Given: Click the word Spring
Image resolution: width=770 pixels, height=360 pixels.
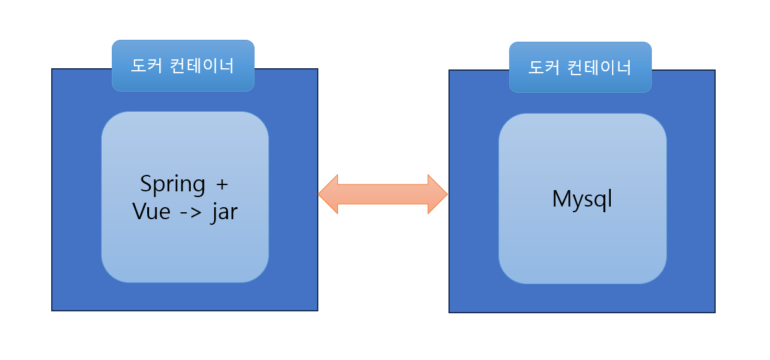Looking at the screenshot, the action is (172, 186).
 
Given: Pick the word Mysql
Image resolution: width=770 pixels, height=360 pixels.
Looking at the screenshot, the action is (582, 200).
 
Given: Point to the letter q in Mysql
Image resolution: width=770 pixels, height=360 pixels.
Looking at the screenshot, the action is (599, 201).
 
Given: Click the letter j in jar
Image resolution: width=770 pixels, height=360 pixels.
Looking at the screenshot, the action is (214, 213).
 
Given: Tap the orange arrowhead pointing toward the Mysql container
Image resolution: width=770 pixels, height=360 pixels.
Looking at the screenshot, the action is (437, 194).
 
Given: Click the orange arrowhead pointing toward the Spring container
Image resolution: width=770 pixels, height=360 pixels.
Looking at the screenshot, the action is (328, 194).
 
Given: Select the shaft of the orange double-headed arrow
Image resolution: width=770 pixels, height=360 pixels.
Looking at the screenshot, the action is (383, 194).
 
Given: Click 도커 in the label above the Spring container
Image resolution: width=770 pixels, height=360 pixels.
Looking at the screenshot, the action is (147, 66).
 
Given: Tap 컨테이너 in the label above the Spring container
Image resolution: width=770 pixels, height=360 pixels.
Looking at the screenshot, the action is (203, 66).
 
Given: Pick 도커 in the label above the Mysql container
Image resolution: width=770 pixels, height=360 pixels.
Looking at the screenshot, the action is (544, 67).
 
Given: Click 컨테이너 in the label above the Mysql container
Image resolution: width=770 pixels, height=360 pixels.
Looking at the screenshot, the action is (600, 67).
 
